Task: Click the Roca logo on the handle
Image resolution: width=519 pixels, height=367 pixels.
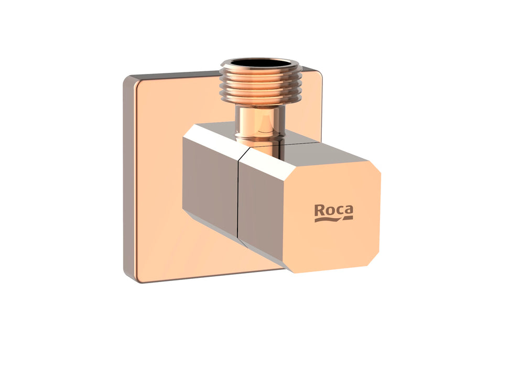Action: [333, 212]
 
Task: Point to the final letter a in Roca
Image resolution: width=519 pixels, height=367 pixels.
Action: [348, 211]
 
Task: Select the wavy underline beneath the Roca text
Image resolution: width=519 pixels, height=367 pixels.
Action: [333, 219]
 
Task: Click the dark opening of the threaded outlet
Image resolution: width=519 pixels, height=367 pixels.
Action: [259, 63]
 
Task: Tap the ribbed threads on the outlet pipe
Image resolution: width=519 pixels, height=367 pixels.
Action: [259, 87]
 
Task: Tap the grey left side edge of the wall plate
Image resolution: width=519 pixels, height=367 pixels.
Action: [126, 178]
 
